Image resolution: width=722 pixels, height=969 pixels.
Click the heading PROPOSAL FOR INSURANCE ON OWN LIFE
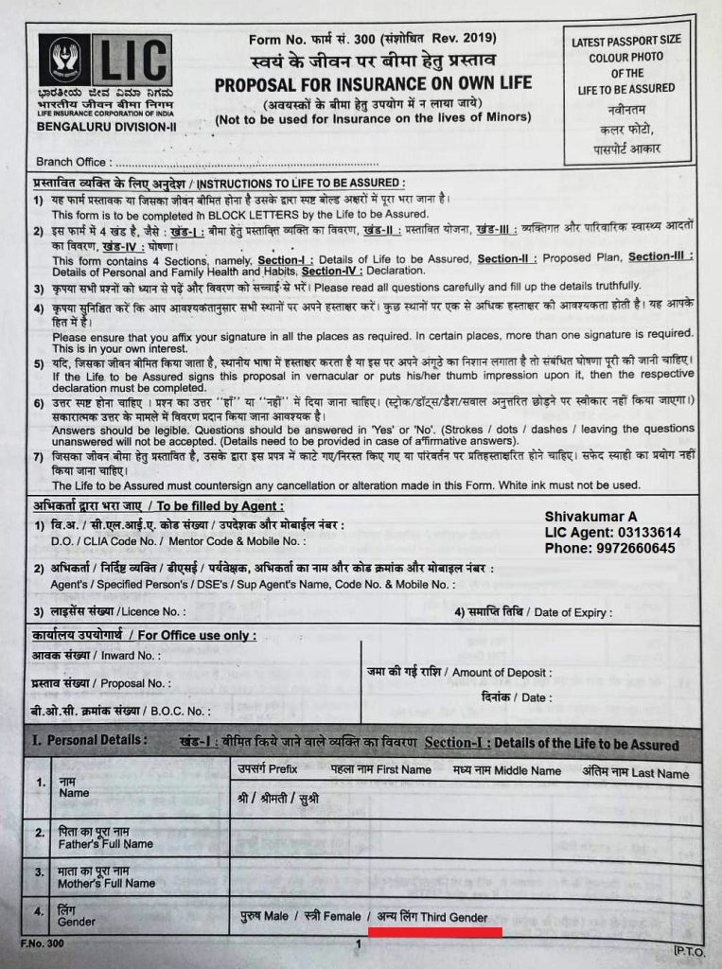click(x=373, y=85)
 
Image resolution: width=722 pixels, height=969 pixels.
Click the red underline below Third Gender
click(x=435, y=931)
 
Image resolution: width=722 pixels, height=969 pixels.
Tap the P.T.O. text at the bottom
click(x=688, y=949)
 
